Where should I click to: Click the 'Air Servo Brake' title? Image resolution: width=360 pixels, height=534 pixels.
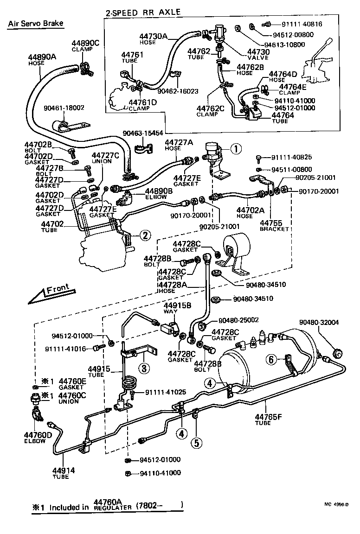(x=35, y=24)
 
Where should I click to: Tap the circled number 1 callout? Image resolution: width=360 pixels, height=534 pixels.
(x=236, y=149)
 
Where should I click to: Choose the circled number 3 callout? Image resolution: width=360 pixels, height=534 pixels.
(x=144, y=369)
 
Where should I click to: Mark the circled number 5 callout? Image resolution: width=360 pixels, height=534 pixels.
(x=197, y=443)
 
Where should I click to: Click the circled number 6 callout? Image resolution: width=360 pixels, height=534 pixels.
(x=272, y=359)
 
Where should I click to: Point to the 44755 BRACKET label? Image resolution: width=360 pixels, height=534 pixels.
(x=274, y=225)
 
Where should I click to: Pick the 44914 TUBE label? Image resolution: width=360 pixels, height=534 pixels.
(x=64, y=473)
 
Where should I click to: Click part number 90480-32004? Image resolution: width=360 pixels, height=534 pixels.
(x=319, y=323)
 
